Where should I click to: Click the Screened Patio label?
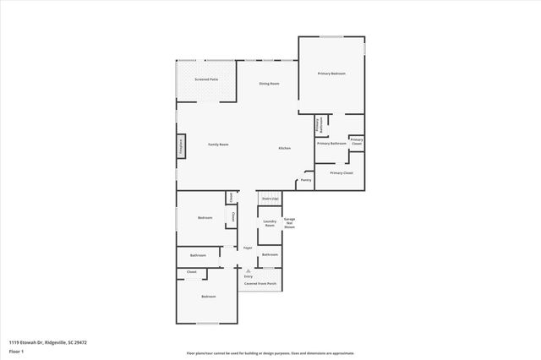coord(207,79)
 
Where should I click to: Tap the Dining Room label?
coord(269,84)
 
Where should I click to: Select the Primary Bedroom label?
coord(331,74)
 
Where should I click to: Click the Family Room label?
coord(218,145)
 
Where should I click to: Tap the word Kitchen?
coord(285,148)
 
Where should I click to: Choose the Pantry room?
coord(306,180)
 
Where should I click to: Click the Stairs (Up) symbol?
coord(270,199)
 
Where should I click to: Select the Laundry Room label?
coord(270,223)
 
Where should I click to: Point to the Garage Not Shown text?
coord(289,223)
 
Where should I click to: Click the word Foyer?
coord(248,248)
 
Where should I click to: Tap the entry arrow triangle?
coord(248,270)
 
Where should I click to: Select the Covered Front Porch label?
coord(260,284)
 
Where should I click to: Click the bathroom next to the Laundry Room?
coord(270,254)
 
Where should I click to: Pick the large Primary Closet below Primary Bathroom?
coord(342,173)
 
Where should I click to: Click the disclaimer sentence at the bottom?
coord(270,353)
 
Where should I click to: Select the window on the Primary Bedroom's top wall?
coord(331,36)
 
